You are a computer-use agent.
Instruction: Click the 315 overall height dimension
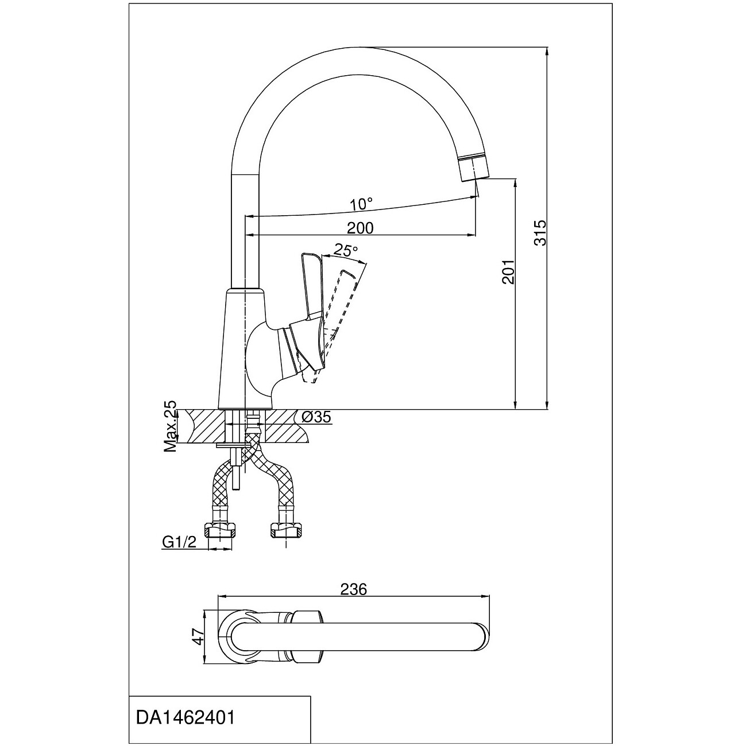click(539, 232)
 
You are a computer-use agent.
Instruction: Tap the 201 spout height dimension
click(507, 271)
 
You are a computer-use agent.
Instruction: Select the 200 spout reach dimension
click(360, 228)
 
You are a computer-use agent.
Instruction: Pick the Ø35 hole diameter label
click(315, 417)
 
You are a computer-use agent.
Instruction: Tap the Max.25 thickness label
click(171, 427)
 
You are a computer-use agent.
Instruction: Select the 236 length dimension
click(353, 589)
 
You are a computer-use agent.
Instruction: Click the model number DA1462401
click(185, 718)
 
